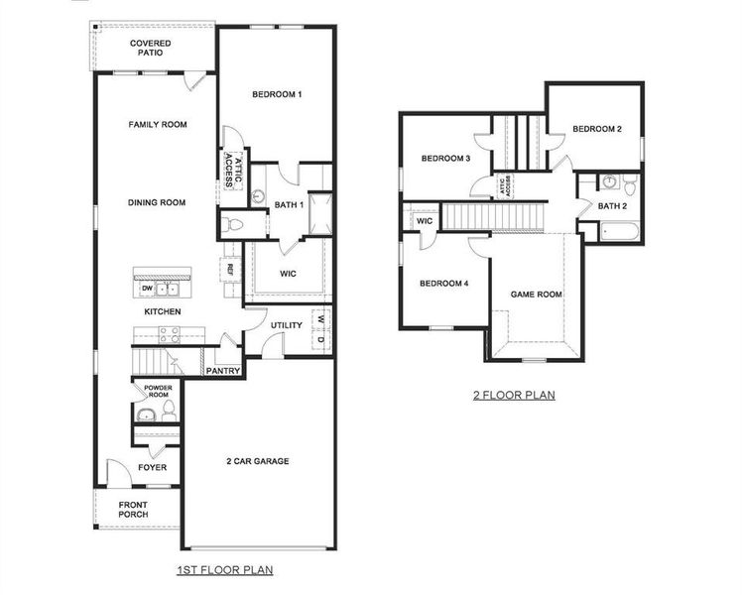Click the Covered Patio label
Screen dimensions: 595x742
click(150, 48)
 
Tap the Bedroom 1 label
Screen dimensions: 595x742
click(276, 94)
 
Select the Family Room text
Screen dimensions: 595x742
click(158, 125)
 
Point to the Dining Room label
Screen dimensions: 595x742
click(157, 202)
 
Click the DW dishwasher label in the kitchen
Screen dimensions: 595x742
click(147, 288)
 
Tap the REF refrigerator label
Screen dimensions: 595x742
click(229, 269)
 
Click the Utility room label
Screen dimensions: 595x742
click(286, 325)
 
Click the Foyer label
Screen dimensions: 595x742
click(152, 467)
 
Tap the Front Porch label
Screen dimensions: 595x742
click(133, 509)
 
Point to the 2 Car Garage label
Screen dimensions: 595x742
click(257, 461)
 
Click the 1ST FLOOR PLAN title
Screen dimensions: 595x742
click(224, 570)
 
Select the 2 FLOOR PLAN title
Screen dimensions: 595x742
click(513, 395)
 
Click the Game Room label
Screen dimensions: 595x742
click(536, 295)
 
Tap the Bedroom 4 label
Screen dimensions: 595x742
click(443, 284)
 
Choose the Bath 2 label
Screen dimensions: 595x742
click(612, 205)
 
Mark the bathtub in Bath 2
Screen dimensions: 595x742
click(621, 234)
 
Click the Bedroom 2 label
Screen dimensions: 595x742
click(597, 130)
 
